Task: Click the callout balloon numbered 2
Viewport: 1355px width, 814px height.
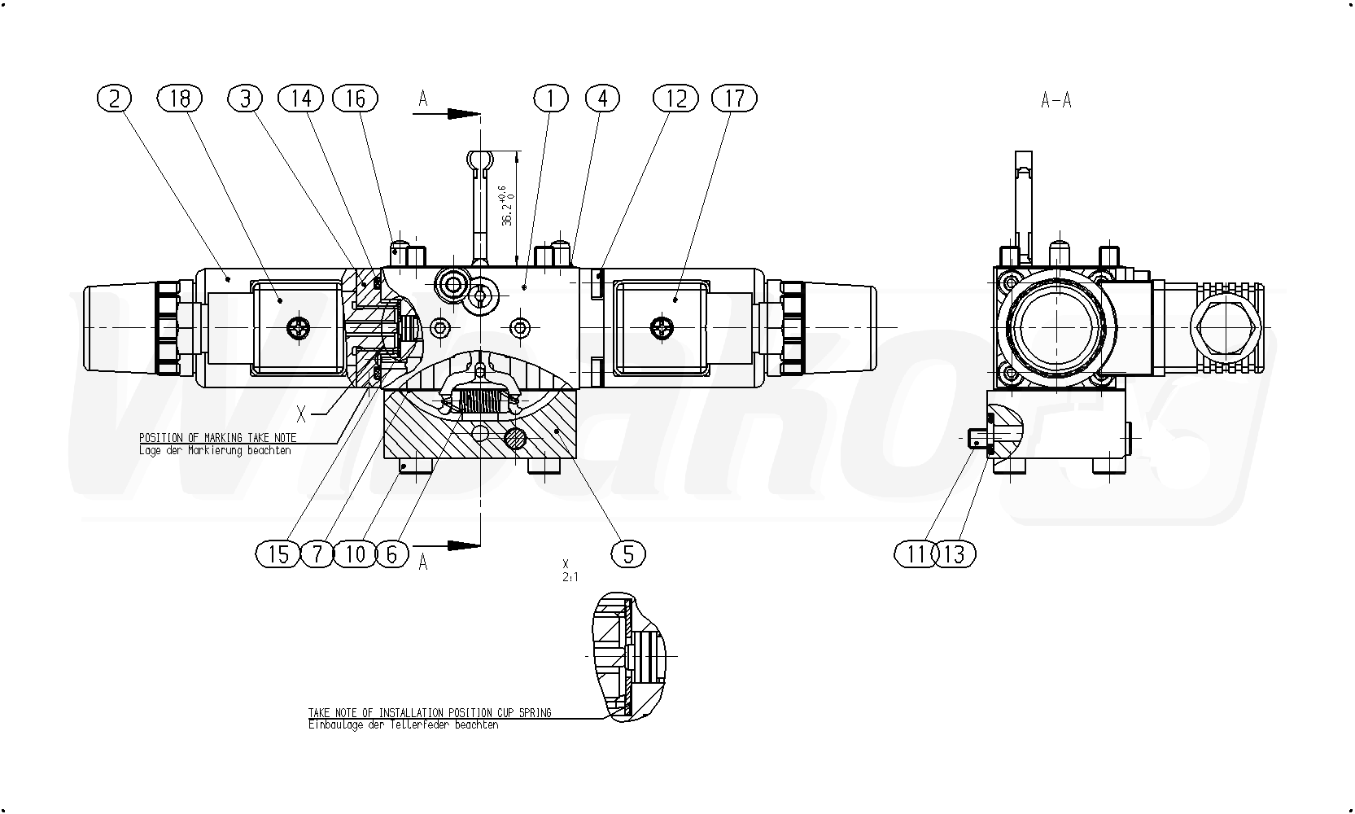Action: tap(114, 98)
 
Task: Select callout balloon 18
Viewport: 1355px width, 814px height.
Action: tap(180, 98)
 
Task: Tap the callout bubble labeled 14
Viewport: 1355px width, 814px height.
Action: tap(300, 98)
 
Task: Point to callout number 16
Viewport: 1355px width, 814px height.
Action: tap(355, 98)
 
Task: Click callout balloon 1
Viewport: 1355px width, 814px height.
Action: tap(551, 98)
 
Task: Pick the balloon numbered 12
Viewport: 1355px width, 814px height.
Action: tap(675, 98)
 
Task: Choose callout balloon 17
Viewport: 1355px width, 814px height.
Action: tap(734, 98)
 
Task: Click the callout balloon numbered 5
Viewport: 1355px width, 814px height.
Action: tap(628, 554)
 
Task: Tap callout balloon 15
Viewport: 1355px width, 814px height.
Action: tap(278, 554)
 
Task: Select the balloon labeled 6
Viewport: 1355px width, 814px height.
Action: tap(392, 554)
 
